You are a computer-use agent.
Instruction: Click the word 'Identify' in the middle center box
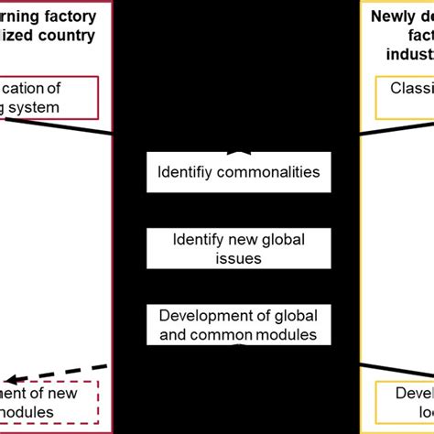click(198, 240)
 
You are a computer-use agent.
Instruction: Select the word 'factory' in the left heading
click(74, 16)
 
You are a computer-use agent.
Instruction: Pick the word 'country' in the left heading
click(74, 37)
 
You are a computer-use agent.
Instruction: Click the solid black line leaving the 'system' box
click(82, 125)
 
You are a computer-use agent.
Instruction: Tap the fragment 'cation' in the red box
click(37, 89)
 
